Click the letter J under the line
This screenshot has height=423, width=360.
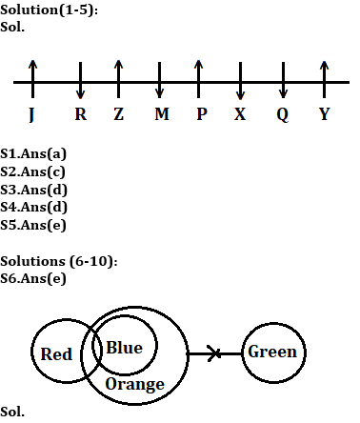click(x=32, y=114)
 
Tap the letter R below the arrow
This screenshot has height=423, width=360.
click(x=80, y=114)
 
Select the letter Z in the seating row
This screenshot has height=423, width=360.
click(x=118, y=114)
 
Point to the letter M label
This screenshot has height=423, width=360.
click(x=160, y=114)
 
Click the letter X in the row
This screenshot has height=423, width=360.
click(x=241, y=114)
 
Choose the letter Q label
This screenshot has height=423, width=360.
click(x=283, y=114)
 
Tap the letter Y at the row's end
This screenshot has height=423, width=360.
click(x=325, y=114)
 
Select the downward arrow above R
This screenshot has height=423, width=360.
click(x=80, y=81)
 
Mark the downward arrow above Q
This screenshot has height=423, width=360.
click(x=283, y=81)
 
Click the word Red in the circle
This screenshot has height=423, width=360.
click(x=57, y=354)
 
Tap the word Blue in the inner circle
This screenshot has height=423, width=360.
click(x=124, y=348)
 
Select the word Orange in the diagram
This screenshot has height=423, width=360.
click(x=134, y=384)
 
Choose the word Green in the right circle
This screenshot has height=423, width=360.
click(x=272, y=352)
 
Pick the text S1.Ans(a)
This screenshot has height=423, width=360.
click(x=33, y=152)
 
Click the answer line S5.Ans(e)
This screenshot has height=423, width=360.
click(x=33, y=226)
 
